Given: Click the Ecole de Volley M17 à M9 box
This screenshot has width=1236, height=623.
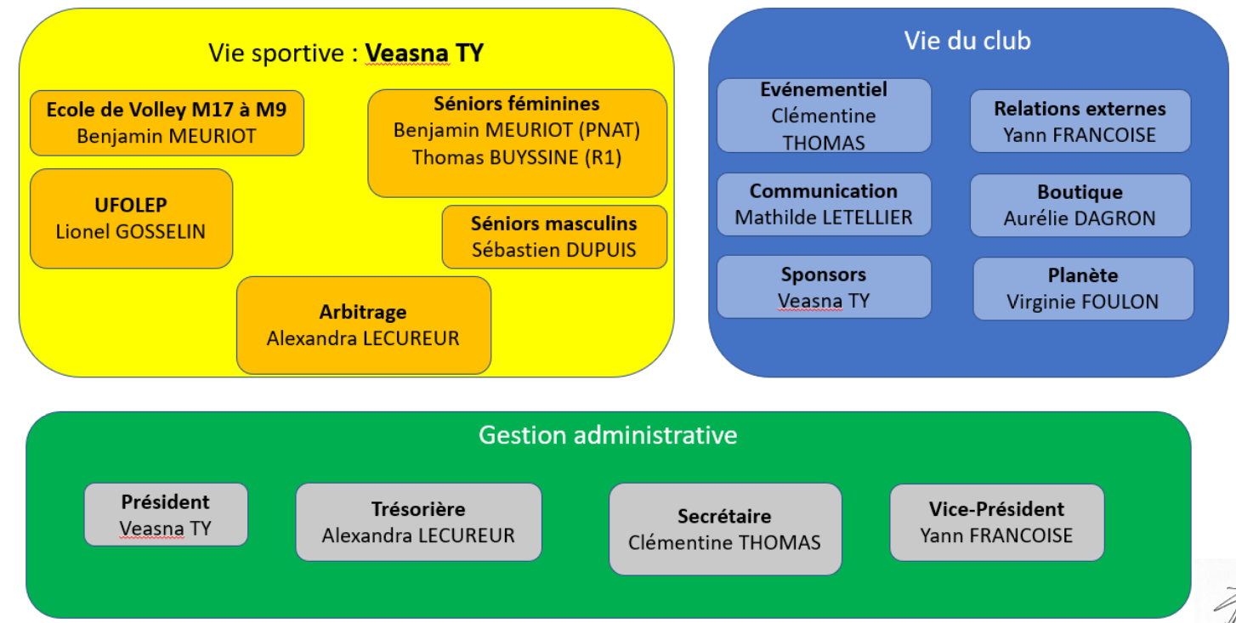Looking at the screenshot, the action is [x=167, y=123].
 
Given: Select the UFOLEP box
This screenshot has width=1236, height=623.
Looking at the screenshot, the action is [x=131, y=218].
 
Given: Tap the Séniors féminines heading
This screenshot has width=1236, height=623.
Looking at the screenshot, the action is [x=517, y=104].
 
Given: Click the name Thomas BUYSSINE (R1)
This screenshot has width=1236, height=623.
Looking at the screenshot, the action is [x=517, y=157].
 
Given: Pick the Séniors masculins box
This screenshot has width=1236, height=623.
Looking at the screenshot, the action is [x=554, y=237].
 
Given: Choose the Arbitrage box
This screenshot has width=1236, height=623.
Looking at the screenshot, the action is [x=364, y=325].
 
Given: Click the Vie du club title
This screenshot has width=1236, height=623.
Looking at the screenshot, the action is [x=967, y=41].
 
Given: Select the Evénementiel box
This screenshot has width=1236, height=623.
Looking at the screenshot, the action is [x=824, y=116].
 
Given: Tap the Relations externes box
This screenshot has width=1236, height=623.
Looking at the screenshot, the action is [x=1080, y=121].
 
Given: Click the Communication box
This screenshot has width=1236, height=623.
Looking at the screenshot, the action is [x=824, y=204].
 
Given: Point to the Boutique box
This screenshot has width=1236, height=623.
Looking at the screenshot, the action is [x=1080, y=206].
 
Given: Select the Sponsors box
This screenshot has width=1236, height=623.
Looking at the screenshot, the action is [x=824, y=286].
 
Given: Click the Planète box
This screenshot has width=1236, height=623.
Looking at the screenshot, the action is [x=1083, y=289].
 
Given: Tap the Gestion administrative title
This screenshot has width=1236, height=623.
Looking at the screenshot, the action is [x=608, y=435].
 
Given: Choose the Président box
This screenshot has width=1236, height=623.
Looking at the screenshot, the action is [x=166, y=514].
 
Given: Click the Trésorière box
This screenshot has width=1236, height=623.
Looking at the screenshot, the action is [x=419, y=522].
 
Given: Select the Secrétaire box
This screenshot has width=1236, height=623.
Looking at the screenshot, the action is [x=725, y=530].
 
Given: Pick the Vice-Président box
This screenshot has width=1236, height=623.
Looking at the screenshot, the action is [x=996, y=522].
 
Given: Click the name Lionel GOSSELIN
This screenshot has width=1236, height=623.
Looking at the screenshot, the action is [x=131, y=232].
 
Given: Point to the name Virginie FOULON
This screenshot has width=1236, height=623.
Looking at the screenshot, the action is [x=1083, y=302].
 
